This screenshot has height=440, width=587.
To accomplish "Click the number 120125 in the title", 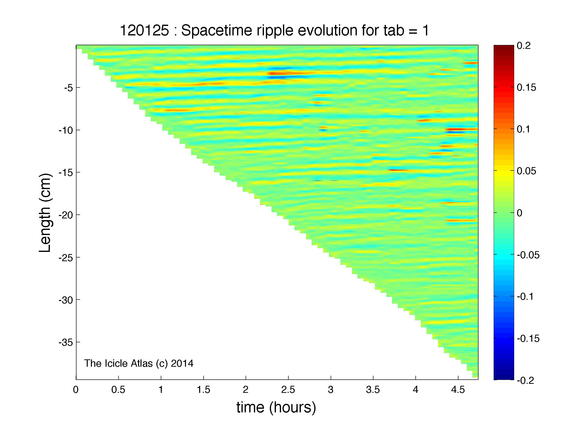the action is tap(145, 31).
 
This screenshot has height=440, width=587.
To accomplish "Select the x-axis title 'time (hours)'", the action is tap(276, 408).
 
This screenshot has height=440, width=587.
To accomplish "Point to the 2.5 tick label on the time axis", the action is tap(288, 390).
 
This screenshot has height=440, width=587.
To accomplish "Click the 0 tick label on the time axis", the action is tap(76, 390).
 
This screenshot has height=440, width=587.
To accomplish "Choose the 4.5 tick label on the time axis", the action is tap(458, 390).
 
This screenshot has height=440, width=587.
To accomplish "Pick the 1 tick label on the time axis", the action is tap(161, 390).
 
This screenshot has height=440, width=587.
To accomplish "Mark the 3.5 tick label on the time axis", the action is tap(373, 390).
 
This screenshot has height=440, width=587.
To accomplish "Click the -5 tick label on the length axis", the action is tap(68, 87).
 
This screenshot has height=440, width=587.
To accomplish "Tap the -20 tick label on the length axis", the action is tap(65, 215).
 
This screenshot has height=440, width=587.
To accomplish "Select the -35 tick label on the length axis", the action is tap(65, 343).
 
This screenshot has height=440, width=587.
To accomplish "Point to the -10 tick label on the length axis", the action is tap(65, 130).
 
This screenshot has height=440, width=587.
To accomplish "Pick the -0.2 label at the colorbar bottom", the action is tap(526, 381).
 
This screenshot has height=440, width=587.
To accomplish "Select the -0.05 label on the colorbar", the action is tap(528, 255).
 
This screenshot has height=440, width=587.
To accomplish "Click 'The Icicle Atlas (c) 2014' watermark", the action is tap(139, 363).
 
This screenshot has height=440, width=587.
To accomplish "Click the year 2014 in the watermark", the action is tap(182, 363).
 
